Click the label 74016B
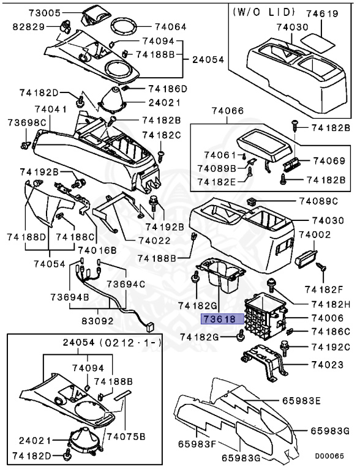tap(97, 250)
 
